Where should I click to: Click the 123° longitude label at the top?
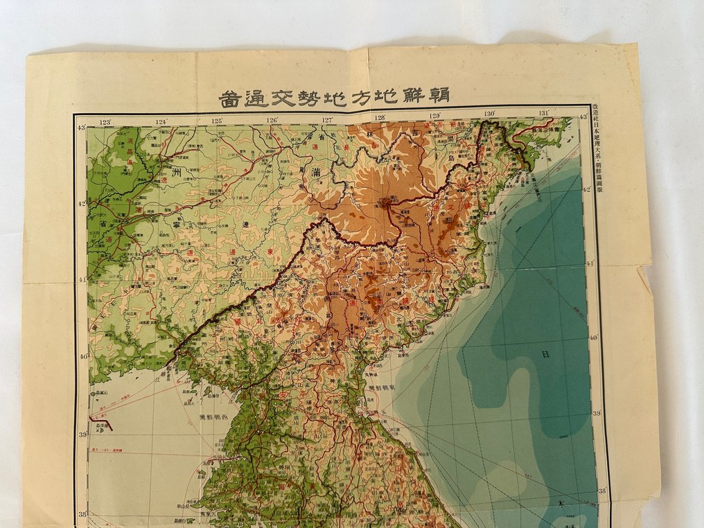[x=106, y=123]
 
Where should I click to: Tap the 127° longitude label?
[x=326, y=119]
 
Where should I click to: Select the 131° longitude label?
[x=544, y=114]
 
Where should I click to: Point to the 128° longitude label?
[x=380, y=117]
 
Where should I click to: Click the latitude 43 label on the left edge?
[x=81, y=127]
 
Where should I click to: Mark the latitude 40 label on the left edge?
[x=83, y=357]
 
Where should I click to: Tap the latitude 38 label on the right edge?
[x=601, y=490]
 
